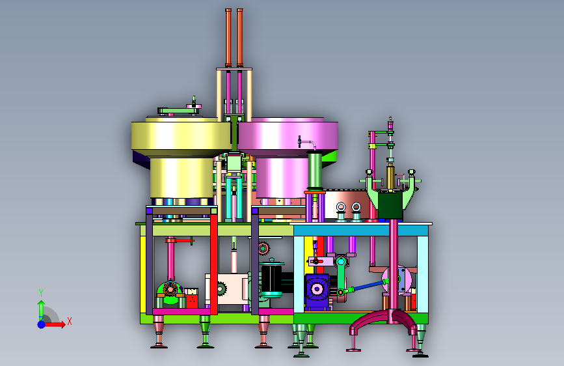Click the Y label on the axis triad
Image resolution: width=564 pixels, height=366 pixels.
pos(41,293)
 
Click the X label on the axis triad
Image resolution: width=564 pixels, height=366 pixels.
pos(70,321)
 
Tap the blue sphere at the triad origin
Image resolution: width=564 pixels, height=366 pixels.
pos(42,324)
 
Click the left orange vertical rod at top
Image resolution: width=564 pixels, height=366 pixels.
pos(228,38)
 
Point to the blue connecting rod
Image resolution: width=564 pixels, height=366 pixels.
pos(368,286)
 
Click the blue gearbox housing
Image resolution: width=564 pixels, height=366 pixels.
pos(317,291)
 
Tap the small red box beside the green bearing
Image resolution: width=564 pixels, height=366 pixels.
pos(191,298)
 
